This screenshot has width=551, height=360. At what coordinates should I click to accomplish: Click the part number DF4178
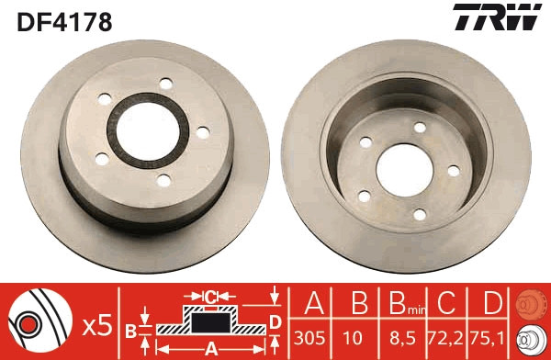(62, 20)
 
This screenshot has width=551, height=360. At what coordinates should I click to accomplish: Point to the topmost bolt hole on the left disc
(165, 84)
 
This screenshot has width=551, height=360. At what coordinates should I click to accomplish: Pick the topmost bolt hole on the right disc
(419, 129)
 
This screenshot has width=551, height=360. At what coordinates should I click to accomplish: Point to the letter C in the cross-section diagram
(209, 296)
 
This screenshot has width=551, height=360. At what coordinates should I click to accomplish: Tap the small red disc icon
(531, 303)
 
